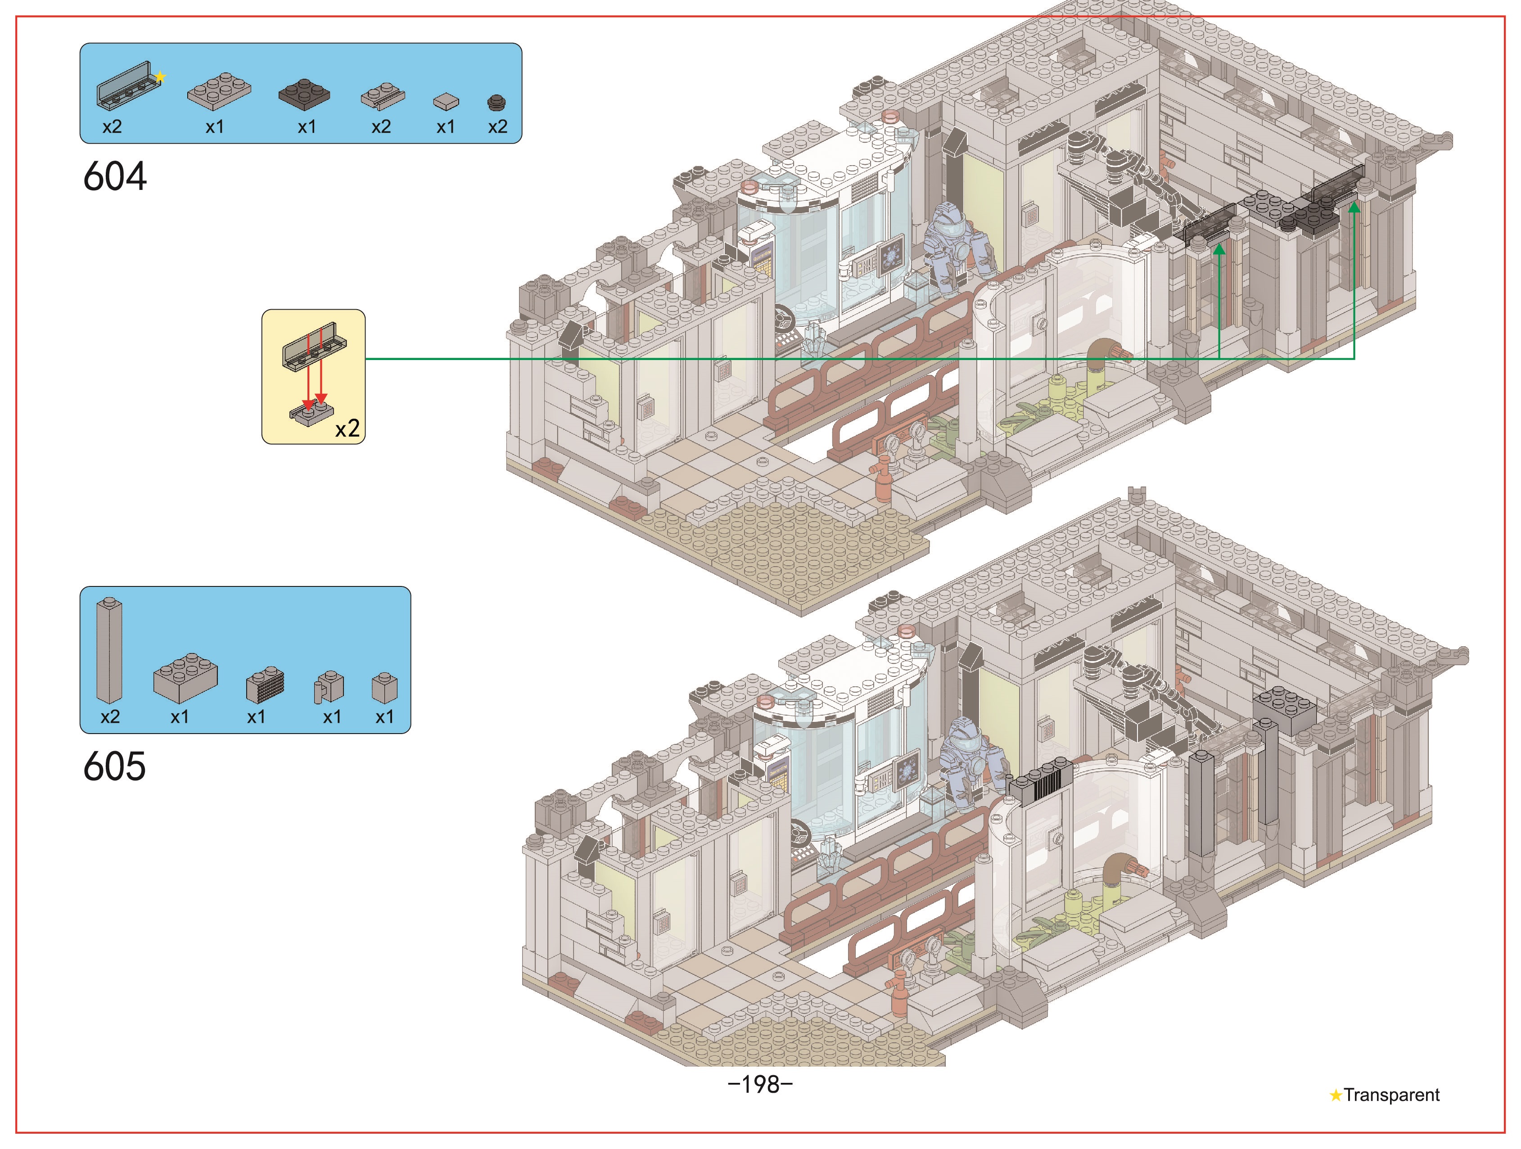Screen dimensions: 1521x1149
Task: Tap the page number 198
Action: [x=761, y=1084]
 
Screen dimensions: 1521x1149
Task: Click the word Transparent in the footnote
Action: [x=1392, y=1095]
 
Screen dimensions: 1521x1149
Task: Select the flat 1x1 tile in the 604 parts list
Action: [x=446, y=101]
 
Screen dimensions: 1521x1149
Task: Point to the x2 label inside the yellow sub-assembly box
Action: [x=347, y=429]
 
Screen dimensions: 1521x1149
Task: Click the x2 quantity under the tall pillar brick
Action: [x=110, y=716]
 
